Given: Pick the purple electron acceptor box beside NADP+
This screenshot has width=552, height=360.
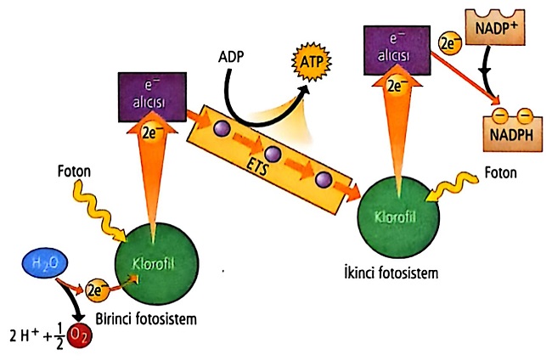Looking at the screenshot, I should (x=393, y=48).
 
